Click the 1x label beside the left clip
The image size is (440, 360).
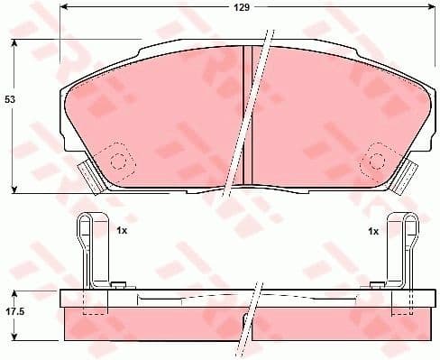click(x=121, y=232)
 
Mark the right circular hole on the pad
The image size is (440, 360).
click(x=375, y=162)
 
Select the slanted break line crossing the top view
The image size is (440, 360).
click(x=252, y=108)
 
